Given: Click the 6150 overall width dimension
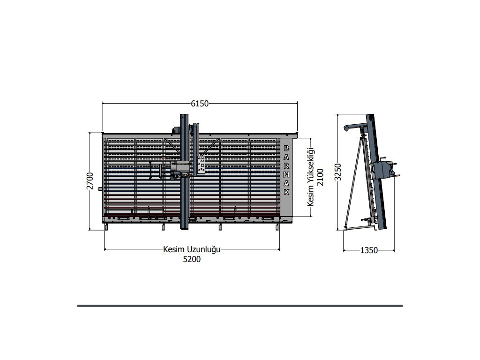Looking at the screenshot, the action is pos(200,104).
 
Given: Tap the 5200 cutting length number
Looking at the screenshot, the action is pos(192,259).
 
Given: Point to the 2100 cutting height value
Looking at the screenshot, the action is pos(320,177).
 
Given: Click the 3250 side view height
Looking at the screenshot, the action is pos(337,172).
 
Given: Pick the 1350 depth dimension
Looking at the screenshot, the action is pos(369,250).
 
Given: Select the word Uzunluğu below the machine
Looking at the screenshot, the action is pos(203,250).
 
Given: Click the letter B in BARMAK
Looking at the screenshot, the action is pos(286,149).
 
